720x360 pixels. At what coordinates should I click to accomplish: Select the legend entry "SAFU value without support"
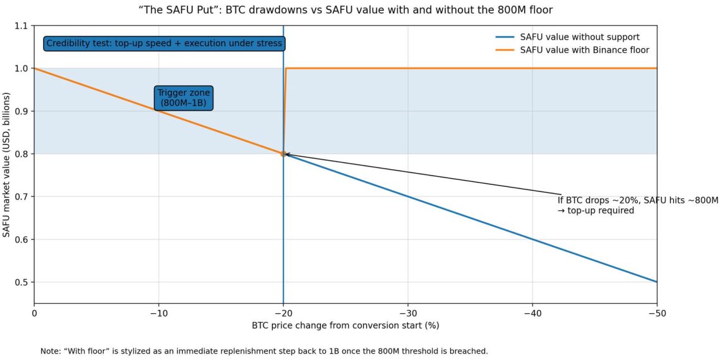[x=580, y=37]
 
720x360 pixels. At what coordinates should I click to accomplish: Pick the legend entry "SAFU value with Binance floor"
[x=584, y=50]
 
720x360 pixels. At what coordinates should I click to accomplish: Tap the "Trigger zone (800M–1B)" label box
[x=184, y=98]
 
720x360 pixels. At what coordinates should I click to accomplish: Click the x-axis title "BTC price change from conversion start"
[x=345, y=326]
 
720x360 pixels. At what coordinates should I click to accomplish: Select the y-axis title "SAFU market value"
[x=7, y=164]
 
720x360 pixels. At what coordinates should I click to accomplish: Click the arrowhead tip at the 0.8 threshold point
[x=285, y=153]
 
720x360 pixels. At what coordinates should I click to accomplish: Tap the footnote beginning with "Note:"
[x=264, y=351]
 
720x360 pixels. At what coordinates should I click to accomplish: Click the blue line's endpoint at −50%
[x=657, y=282]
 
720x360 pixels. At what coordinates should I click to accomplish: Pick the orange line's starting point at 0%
[x=34, y=68]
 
